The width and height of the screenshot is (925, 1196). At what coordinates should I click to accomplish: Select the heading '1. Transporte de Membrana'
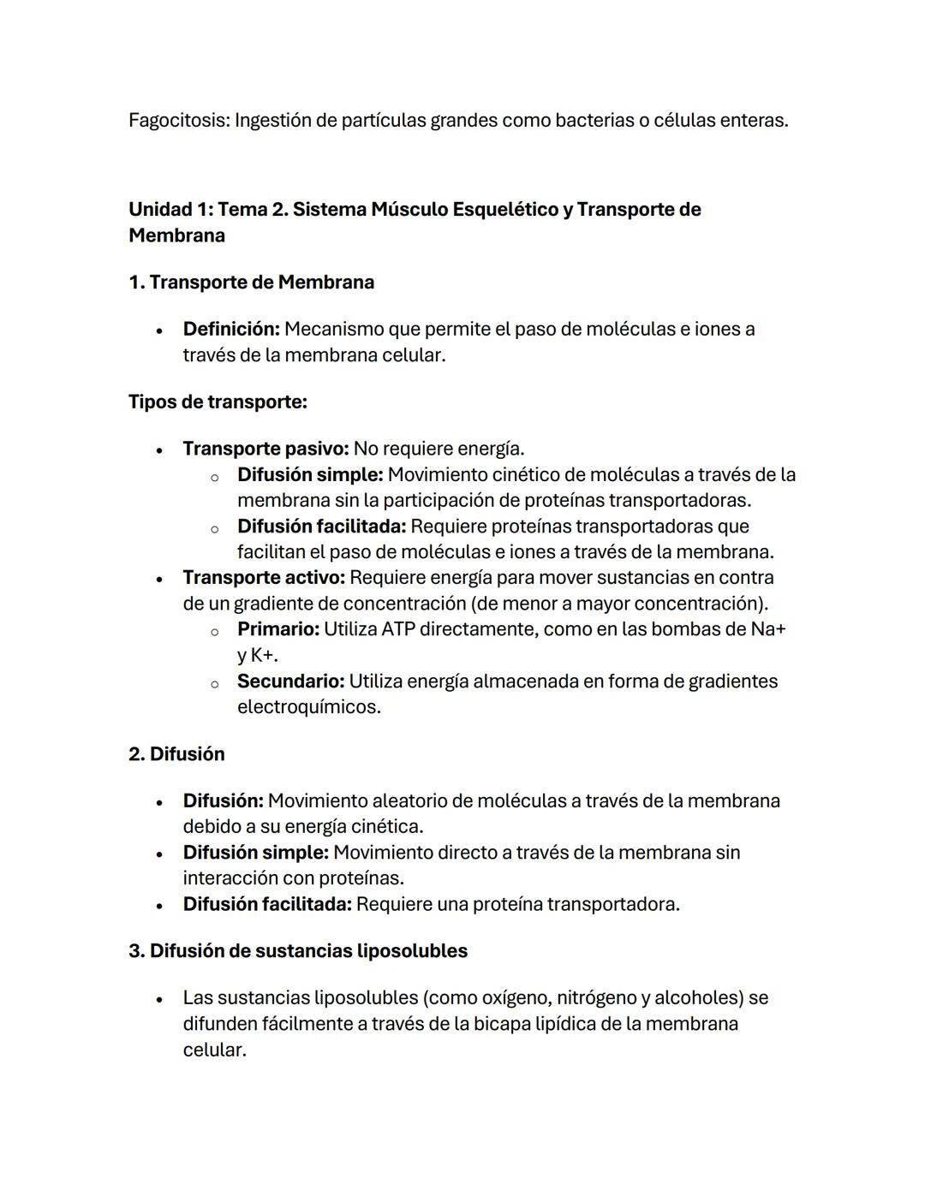(x=251, y=283)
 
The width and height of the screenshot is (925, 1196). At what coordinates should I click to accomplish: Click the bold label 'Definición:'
(x=231, y=330)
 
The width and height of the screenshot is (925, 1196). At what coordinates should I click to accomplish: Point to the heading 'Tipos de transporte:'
(x=218, y=402)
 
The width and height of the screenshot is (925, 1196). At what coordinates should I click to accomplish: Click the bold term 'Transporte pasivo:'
(x=266, y=449)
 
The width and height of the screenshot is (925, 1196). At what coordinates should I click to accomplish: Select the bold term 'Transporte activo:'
(x=264, y=578)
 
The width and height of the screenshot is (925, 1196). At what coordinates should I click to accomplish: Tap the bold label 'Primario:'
(x=278, y=629)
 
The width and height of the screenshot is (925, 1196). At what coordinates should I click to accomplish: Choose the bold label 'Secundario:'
(x=291, y=681)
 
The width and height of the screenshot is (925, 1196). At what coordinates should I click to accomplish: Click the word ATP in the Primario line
(x=398, y=629)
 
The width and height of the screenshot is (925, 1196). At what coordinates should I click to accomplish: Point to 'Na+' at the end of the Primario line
(x=768, y=629)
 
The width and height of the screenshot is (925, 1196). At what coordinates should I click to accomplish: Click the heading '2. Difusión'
(x=176, y=754)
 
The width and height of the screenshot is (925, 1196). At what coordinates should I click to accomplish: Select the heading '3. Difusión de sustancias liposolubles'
(x=298, y=951)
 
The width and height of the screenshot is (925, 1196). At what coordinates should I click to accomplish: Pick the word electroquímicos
(x=309, y=707)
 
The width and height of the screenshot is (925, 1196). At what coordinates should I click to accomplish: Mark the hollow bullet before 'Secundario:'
(x=214, y=683)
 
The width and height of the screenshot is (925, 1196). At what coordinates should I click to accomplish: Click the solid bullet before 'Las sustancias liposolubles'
(x=159, y=999)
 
